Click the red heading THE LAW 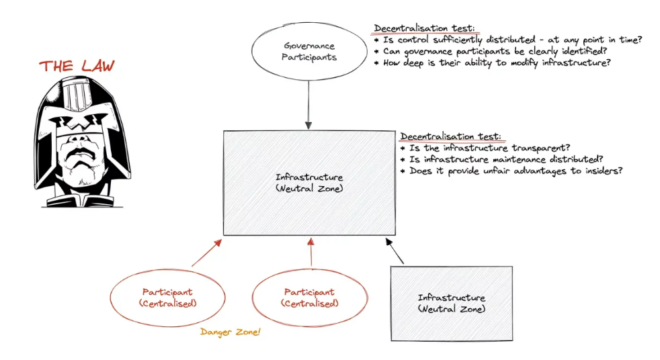tap(77, 66)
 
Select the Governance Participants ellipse tap(309, 52)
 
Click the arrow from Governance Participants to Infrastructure tap(309, 104)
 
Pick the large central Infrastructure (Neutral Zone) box tap(309, 183)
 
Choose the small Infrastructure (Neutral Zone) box tap(451, 303)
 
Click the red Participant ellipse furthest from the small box tap(167, 298)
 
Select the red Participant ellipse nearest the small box tap(309, 298)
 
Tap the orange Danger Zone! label tap(230, 332)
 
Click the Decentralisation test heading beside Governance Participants tap(424, 28)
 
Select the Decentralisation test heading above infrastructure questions tap(450, 136)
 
